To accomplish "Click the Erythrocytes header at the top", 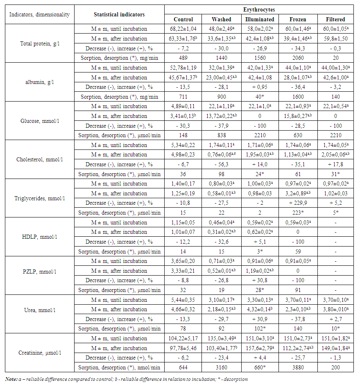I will point(259,9).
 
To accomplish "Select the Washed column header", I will point(221,19).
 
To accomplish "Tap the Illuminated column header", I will point(259,19).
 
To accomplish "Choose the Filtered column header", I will point(335,19).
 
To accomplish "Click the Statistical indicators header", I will point(119,14).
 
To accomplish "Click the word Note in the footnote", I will point(11,379).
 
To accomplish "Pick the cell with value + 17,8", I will point(335,164).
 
